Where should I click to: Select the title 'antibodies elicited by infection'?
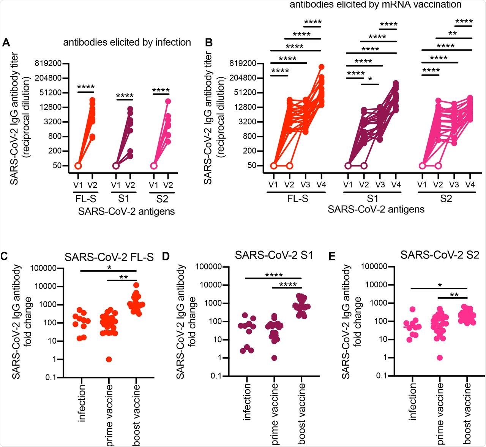click(x=127, y=42)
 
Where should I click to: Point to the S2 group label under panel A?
click(x=162, y=199)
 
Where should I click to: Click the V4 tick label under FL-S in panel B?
click(x=320, y=185)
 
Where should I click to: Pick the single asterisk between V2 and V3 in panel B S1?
click(x=370, y=79)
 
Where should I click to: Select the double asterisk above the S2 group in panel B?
click(x=453, y=33)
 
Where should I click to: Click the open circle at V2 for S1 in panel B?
click(x=364, y=166)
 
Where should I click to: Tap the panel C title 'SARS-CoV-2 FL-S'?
click(x=109, y=257)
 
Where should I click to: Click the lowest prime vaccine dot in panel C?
click(x=109, y=359)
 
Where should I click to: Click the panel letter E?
click(x=332, y=257)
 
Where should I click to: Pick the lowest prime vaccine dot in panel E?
click(x=440, y=358)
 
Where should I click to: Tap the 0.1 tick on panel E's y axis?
click(x=381, y=376)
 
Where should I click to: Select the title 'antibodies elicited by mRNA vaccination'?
click(x=376, y=5)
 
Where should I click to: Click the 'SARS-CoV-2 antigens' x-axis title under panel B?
click(x=376, y=209)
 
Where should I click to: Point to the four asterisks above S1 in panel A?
click(x=125, y=95)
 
